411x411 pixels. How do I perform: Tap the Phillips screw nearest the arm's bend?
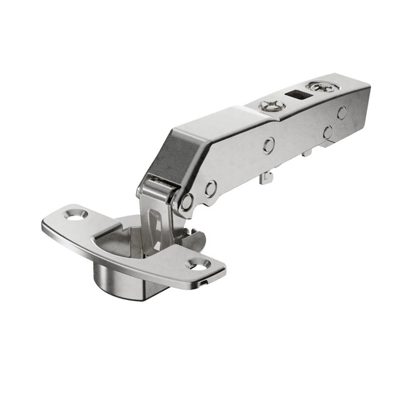click(272, 106)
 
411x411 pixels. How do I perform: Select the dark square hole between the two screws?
click(297, 96)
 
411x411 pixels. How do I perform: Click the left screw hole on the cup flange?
click(77, 215)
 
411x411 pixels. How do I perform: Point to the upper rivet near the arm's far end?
click(342, 113)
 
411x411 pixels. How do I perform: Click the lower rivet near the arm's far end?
click(328, 132)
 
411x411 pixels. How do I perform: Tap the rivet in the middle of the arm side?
click(269, 145)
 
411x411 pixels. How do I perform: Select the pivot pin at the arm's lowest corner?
click(186, 201)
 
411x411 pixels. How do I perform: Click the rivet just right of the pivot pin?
click(211, 189)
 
